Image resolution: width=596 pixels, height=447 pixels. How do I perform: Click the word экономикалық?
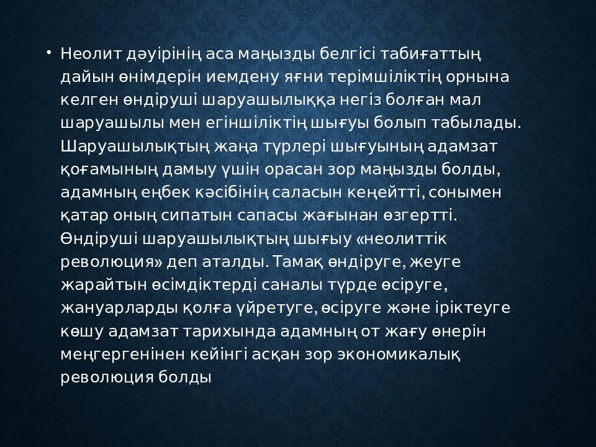click(x=399, y=355)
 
